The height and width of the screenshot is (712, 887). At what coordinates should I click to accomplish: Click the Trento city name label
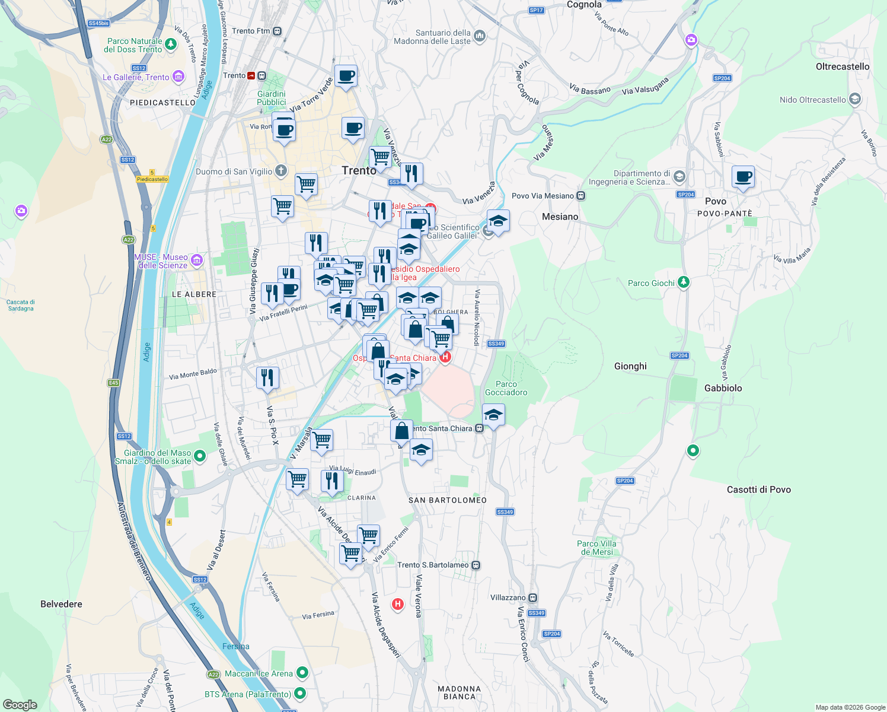(x=359, y=171)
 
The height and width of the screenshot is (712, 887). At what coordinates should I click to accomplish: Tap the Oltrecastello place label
(x=842, y=66)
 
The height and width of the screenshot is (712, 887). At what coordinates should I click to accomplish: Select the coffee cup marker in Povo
(x=742, y=177)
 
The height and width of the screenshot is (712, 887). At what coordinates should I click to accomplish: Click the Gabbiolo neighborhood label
(x=723, y=388)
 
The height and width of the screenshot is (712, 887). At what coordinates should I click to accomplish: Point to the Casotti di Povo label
(x=758, y=490)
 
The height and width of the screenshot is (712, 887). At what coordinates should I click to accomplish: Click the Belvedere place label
(x=61, y=604)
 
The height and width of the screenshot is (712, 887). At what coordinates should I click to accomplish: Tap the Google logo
(x=20, y=705)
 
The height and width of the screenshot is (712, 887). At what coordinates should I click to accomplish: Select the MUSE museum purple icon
(x=197, y=260)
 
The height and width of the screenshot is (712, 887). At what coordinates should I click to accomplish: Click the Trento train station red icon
(x=251, y=76)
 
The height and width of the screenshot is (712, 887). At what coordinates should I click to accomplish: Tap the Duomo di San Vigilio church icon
(x=281, y=171)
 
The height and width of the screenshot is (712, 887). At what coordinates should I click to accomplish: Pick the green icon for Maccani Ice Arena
(x=302, y=673)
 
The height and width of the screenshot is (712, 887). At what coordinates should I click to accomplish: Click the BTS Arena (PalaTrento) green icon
(x=300, y=693)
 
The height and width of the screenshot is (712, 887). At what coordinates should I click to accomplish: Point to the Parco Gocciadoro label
(x=506, y=388)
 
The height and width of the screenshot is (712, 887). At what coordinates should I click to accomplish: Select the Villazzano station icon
(x=533, y=597)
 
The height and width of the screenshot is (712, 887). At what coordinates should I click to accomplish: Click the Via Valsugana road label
(x=645, y=87)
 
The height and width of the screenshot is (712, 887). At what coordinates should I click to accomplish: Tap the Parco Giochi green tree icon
(x=684, y=282)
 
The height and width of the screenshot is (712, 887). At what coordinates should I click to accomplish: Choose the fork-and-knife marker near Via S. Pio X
(x=267, y=378)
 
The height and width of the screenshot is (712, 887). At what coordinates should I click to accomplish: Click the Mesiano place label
(x=560, y=217)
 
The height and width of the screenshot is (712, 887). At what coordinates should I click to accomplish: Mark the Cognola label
(x=584, y=5)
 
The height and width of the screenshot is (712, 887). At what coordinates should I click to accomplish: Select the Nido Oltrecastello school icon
(x=854, y=99)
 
